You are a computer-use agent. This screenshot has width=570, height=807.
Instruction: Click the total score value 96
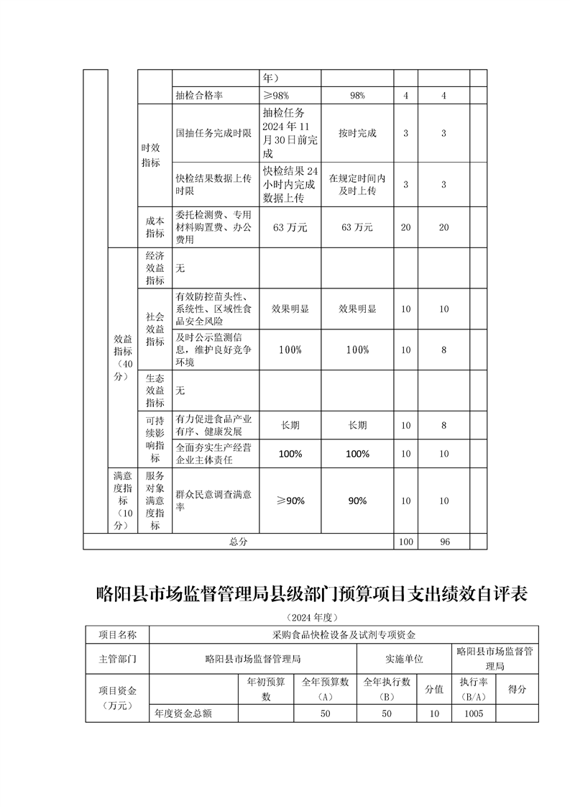444,542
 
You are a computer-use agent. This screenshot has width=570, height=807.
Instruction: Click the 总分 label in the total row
238,542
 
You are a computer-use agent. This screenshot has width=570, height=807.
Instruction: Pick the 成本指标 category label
155,227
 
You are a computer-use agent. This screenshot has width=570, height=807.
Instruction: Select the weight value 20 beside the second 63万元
405,227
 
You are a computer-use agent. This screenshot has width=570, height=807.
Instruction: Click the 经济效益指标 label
155,268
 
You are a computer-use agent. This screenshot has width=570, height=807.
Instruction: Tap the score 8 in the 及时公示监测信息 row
444,350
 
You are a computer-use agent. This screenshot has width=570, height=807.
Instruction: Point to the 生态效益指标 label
155,390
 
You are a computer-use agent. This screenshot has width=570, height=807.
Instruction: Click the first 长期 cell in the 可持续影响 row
290,425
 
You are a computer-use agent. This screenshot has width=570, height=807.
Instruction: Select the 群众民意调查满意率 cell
213,500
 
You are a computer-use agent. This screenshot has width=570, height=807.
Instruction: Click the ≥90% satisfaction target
290,501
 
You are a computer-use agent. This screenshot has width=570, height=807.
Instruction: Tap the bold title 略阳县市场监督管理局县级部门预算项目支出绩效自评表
312,595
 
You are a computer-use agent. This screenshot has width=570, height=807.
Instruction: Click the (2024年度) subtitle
311,618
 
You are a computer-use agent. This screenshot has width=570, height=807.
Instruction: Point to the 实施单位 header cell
404,658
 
